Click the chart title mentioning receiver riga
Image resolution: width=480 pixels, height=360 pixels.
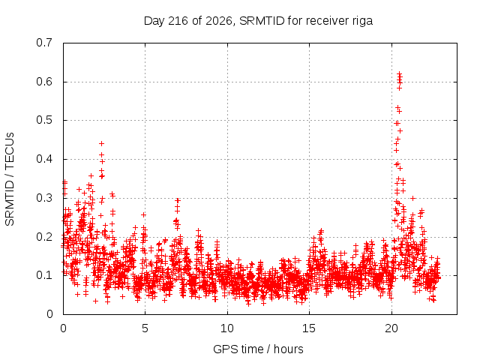pos(258,21)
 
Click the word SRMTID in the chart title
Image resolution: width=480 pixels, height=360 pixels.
pos(262,21)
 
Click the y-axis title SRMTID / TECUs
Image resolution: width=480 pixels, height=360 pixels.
pos(10,179)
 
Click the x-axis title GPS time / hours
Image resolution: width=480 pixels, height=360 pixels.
pos(258,349)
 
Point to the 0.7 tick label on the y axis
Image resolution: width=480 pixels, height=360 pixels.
pos(44,43)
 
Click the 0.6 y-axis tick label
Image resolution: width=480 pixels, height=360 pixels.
pos(44,82)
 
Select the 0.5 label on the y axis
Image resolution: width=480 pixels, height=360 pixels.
pos(44,120)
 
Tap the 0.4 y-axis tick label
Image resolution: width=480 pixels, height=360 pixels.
pos(44,159)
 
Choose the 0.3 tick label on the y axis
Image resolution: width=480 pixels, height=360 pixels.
pos(44,198)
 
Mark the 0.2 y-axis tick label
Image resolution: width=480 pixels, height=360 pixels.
pos(44,237)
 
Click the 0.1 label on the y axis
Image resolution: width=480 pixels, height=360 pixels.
pos(44,275)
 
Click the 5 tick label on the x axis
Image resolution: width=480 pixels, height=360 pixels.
pos(145,328)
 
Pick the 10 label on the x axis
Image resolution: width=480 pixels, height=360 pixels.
pos(227,328)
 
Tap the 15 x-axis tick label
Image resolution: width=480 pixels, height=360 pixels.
pos(309,328)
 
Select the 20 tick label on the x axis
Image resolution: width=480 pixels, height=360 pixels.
pos(391,328)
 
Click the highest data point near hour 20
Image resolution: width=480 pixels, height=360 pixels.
pos(399,73)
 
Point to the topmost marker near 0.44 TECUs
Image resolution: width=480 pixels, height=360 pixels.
pos(102,143)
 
